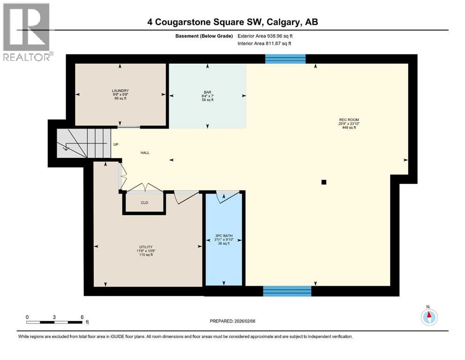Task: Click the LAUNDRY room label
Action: (120, 90)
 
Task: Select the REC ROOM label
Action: (349, 120)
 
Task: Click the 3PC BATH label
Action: (224, 236)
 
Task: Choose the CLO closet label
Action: (144, 203)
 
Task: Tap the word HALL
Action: (145, 153)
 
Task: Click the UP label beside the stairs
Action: (115, 144)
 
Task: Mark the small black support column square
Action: (324, 182)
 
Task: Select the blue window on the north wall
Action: (285, 59)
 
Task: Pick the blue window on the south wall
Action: (287, 291)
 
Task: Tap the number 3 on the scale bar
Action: (54, 317)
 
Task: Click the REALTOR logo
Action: (27, 32)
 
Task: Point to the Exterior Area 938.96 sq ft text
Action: (266, 36)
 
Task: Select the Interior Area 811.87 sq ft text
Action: (265, 44)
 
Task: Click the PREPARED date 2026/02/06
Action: (233, 321)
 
